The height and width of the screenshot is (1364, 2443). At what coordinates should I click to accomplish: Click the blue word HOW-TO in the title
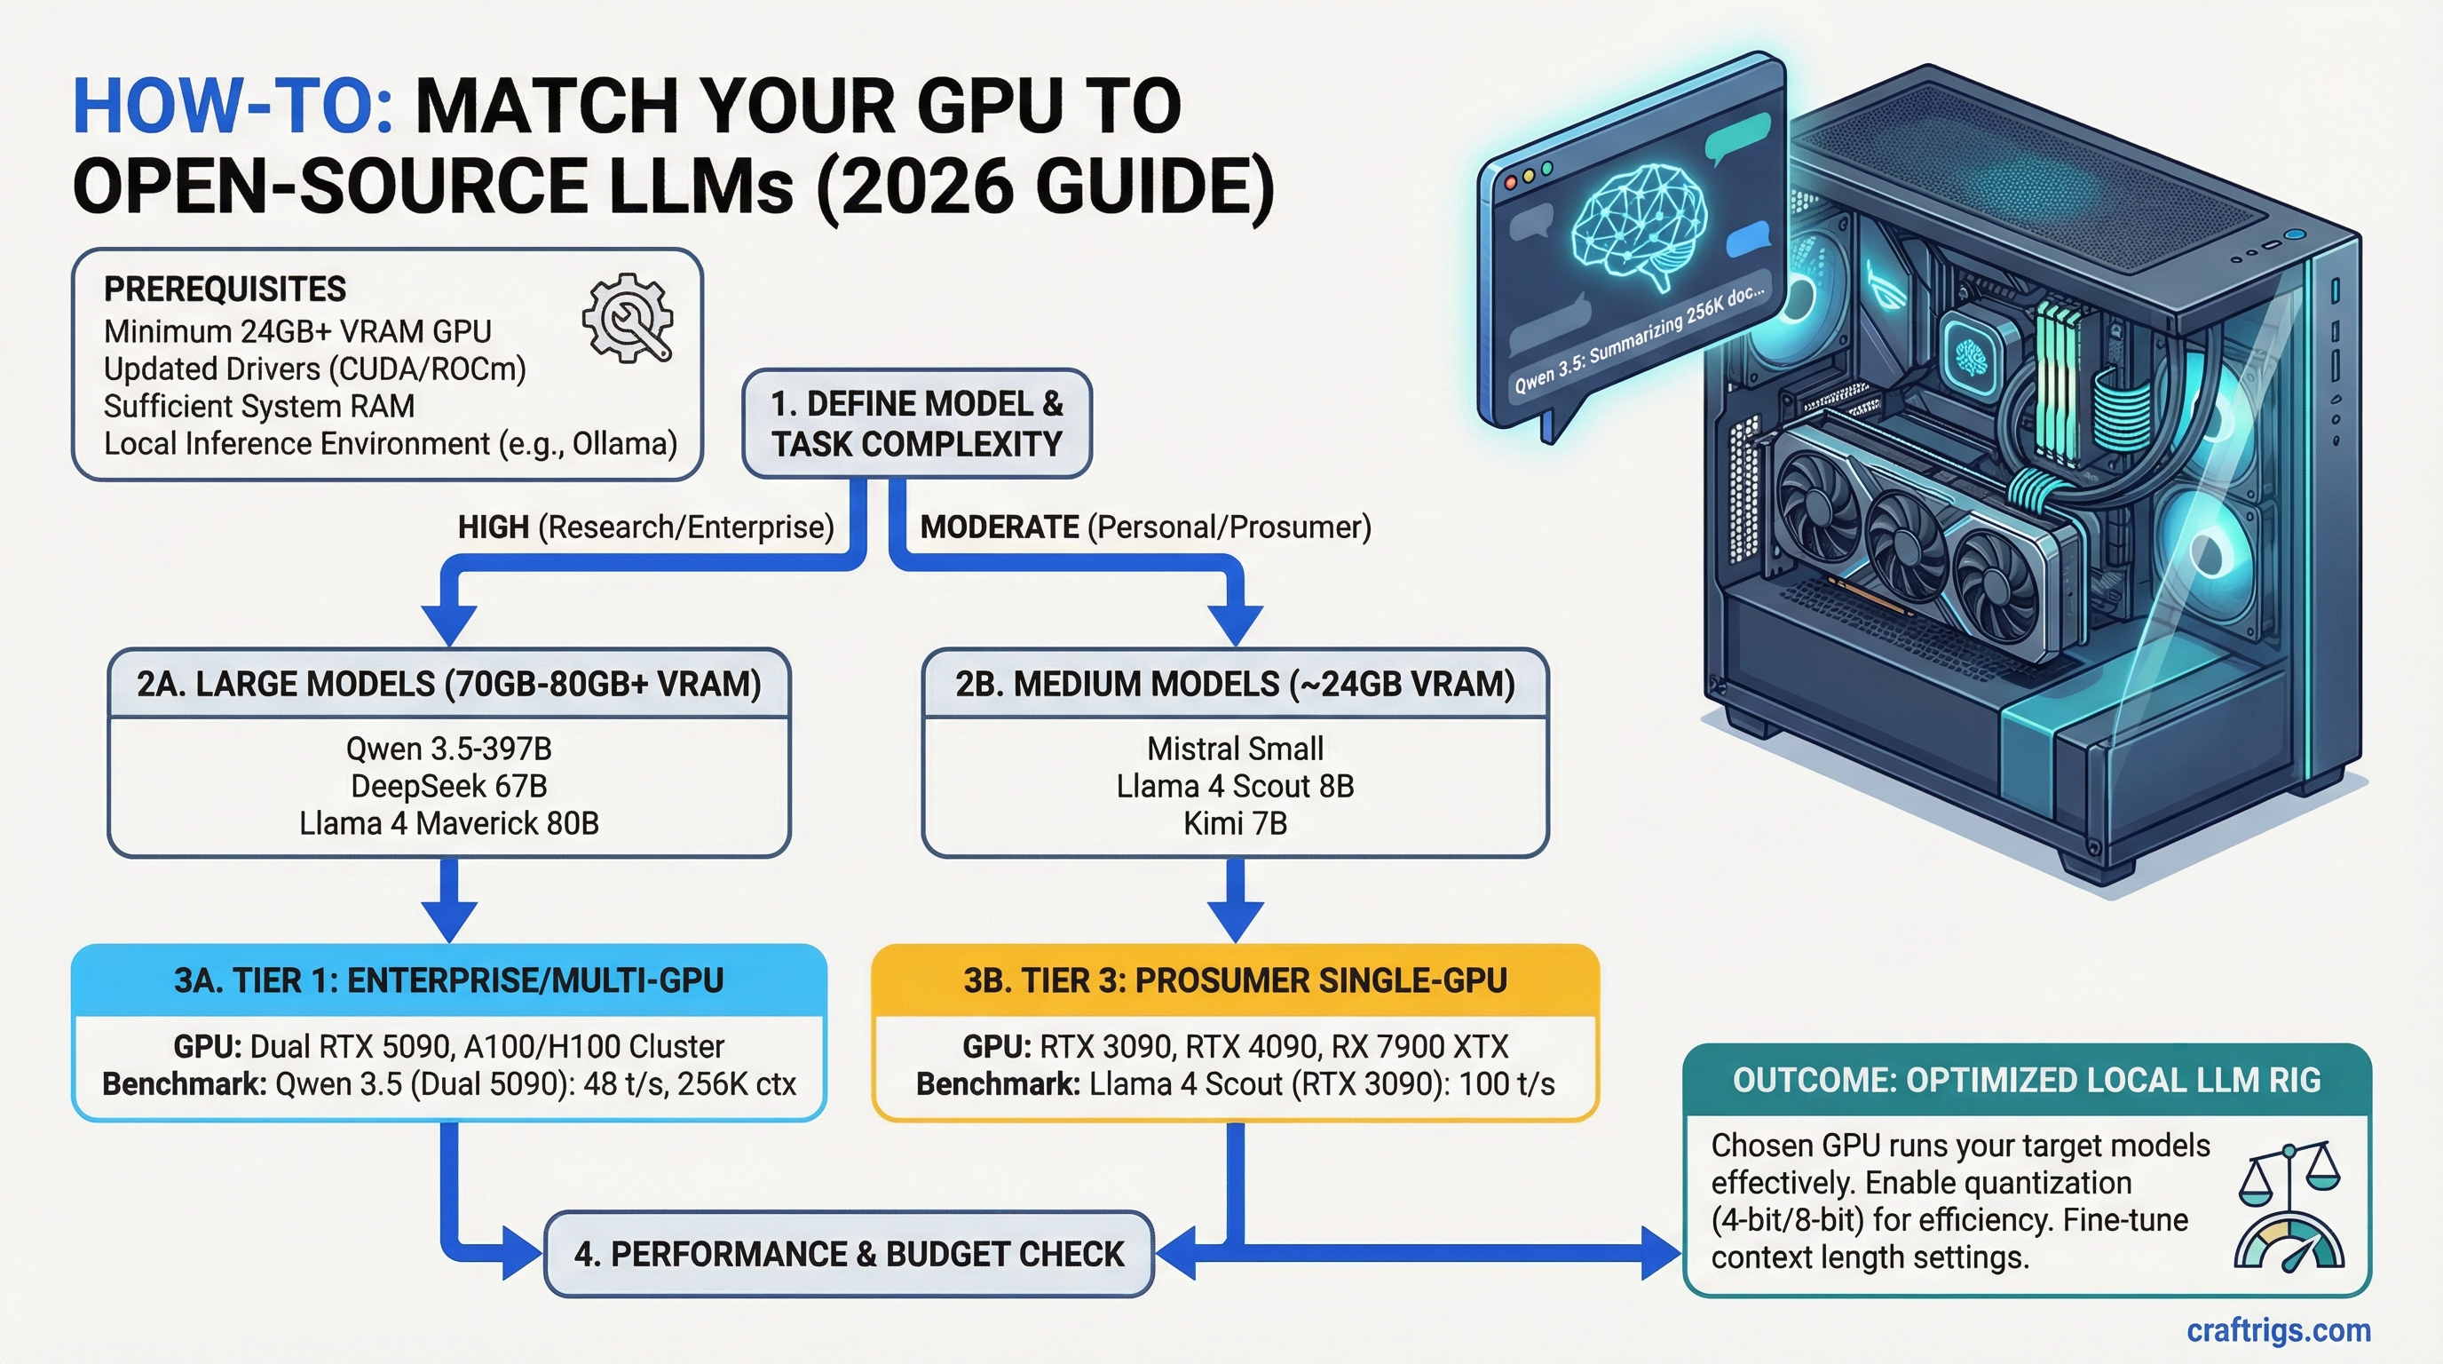click(x=233, y=107)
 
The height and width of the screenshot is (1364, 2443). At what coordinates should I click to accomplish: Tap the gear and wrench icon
click(x=627, y=319)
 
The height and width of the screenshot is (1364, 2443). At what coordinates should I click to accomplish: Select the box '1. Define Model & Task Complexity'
click(x=916, y=424)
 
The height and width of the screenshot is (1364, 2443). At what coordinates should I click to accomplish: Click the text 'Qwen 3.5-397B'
click(x=448, y=749)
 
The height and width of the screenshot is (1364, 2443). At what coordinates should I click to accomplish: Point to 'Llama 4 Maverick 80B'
click(x=448, y=823)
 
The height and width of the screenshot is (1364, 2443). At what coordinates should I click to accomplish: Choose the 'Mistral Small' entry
click(x=1235, y=749)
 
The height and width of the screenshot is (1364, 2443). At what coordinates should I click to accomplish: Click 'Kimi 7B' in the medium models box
click(x=1235, y=823)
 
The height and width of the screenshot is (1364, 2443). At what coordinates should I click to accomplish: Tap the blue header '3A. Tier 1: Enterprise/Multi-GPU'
click(x=448, y=979)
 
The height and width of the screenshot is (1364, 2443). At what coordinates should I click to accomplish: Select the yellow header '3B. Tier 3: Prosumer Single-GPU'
click(x=1235, y=979)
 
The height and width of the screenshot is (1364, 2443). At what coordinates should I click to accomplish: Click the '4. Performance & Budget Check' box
click(x=849, y=1254)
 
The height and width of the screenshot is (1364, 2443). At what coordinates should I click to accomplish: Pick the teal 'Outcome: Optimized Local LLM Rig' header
click(x=2027, y=1081)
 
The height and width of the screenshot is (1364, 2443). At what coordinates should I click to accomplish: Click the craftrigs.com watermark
click(x=2278, y=1331)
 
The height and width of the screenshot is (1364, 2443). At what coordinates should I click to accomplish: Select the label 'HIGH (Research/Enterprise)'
click(x=644, y=527)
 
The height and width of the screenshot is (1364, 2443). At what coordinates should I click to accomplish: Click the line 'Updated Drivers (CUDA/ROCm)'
click(x=314, y=369)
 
